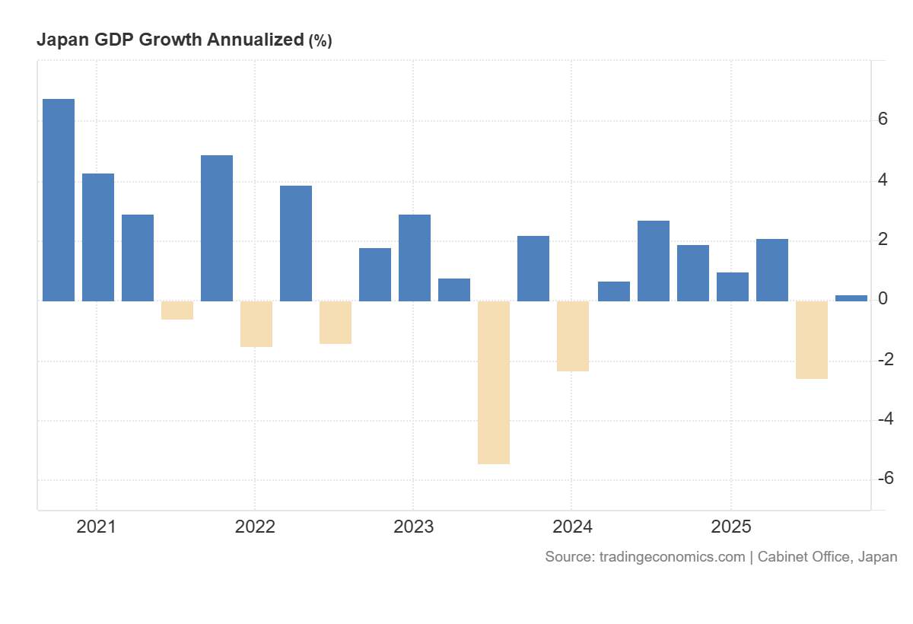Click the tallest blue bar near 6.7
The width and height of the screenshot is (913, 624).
59,199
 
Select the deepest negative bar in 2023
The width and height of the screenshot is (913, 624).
494,382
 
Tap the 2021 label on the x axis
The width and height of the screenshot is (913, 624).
96,527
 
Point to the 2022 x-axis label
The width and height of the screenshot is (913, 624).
254,527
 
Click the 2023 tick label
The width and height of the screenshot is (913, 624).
413,527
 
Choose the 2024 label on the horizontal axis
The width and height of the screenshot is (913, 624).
571,527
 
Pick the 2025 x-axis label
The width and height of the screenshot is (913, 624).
730,527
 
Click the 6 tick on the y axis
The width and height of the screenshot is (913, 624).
883,119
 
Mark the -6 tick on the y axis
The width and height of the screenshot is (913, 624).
885,479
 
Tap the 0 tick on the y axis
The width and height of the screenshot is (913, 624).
883,299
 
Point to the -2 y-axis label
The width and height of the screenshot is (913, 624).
885,359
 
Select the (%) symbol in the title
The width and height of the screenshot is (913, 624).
320,41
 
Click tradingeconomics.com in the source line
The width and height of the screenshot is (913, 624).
672,557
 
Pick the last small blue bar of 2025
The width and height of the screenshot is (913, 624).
851,298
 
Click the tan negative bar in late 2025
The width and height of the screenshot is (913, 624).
812,339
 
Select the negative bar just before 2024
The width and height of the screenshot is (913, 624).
573,336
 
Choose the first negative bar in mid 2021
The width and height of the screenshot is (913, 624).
177,310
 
